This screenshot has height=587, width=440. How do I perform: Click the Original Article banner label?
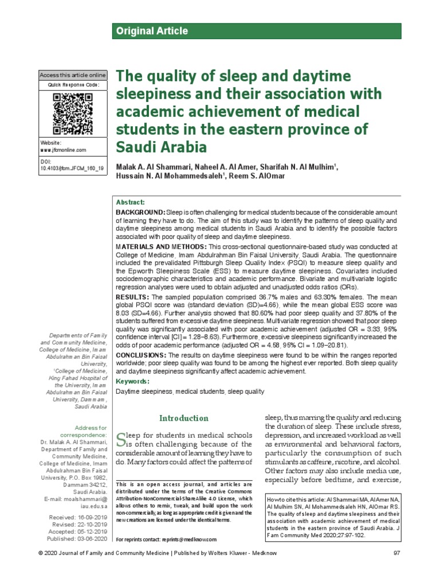[152, 31]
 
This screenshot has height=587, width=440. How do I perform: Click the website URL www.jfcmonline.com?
[63, 150]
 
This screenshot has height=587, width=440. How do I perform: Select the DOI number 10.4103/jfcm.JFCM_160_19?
[72, 169]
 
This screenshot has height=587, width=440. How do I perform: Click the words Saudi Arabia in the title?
[161, 147]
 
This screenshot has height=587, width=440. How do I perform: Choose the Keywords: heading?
[133, 381]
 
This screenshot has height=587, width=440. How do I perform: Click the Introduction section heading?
[183, 418]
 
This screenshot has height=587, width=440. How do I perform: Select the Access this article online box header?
[73, 75]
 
